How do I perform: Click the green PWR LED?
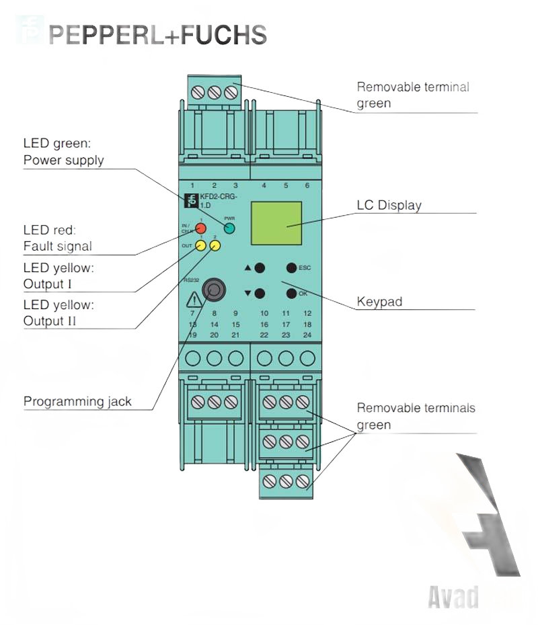click(229, 228)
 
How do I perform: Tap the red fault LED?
click(200, 228)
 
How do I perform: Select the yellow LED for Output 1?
click(200, 246)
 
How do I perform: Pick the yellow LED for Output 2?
click(215, 246)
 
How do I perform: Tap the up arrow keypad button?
click(260, 267)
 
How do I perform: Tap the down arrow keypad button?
click(260, 293)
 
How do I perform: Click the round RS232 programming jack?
click(214, 290)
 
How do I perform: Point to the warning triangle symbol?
click(193, 299)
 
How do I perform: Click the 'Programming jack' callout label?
click(77, 402)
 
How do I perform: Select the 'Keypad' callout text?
click(379, 302)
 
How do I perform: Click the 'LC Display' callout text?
click(389, 205)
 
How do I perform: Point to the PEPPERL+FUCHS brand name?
click(158, 34)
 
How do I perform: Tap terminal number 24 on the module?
click(307, 335)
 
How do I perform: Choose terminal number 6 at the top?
click(307, 185)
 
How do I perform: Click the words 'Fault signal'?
click(57, 247)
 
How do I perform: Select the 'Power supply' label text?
click(64, 161)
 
